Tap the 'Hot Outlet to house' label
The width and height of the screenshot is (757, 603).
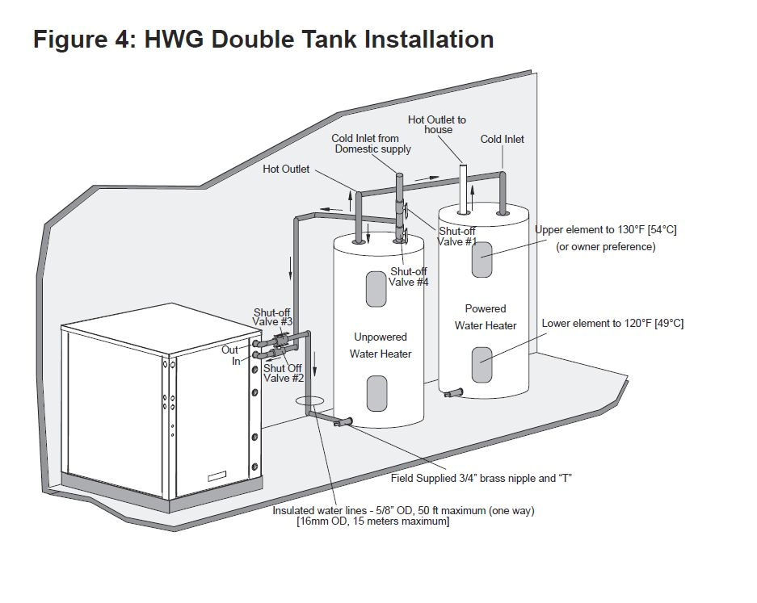[437, 125]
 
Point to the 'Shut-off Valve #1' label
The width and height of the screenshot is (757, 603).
[457, 237]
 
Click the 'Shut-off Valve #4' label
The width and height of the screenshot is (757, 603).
[410, 277]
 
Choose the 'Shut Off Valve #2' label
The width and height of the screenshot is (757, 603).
[284, 373]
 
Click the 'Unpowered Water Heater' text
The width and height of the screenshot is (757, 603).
[381, 345]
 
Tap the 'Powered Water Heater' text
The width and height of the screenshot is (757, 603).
[486, 317]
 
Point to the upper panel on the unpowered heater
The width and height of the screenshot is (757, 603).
[376, 289]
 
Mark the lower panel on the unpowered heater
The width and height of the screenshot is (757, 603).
[377, 393]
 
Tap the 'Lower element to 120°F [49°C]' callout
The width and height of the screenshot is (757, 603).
[612, 324]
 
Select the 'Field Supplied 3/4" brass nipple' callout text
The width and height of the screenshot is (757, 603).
[482, 478]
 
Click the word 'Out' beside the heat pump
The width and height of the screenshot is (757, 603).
[230, 350]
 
